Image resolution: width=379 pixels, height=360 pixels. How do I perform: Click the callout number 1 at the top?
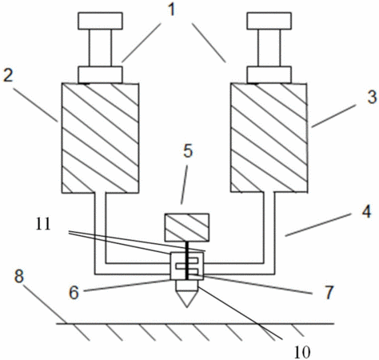172,10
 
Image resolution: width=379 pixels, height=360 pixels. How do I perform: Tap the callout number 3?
372,97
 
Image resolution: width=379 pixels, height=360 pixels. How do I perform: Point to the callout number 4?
366,213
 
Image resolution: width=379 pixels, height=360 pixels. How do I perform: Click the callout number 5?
188,151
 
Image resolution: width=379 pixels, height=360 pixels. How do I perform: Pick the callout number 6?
74,293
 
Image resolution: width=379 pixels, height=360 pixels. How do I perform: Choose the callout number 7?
329,292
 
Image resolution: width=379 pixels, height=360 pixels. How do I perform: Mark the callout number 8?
19,276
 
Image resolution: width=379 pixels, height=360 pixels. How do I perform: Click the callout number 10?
302,352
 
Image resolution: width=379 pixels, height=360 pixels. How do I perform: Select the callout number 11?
43,225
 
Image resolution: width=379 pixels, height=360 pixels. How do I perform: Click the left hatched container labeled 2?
100,138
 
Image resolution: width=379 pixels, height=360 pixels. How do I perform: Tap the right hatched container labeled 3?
269,138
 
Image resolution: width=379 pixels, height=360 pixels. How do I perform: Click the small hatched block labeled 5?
186,227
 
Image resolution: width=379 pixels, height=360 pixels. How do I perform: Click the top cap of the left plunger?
100,21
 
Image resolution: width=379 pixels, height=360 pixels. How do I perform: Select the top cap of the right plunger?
269,21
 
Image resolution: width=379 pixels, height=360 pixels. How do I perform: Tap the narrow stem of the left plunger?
100,48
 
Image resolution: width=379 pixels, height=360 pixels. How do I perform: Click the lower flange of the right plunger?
269,75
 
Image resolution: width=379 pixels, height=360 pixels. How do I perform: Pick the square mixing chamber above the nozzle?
187,266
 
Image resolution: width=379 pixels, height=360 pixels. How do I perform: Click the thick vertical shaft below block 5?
187,261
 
